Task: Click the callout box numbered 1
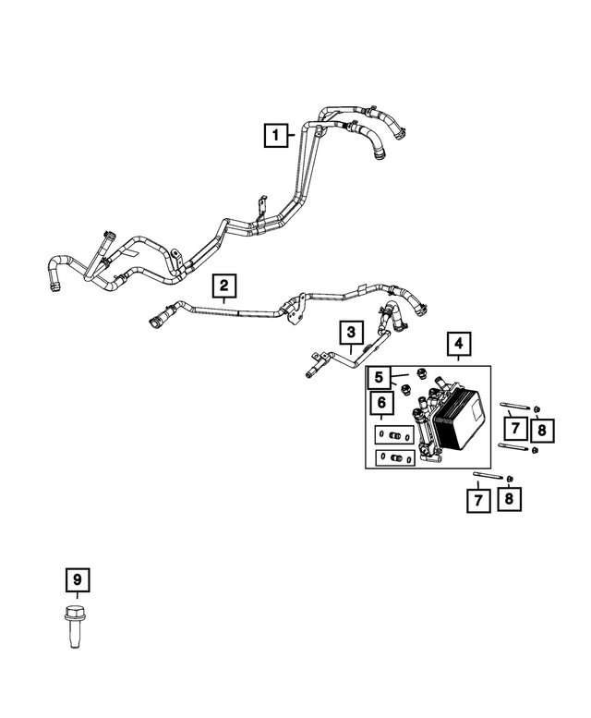276,135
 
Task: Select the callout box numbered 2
223,286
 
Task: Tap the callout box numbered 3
351,333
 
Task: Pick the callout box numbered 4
458,344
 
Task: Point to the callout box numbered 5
379,377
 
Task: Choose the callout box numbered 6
381,403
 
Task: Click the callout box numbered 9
78,580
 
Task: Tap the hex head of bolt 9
73,613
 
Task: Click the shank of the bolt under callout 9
74,634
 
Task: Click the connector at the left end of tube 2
160,317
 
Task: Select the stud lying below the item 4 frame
488,475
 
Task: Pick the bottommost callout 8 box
509,498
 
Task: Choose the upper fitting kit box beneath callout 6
394,435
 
